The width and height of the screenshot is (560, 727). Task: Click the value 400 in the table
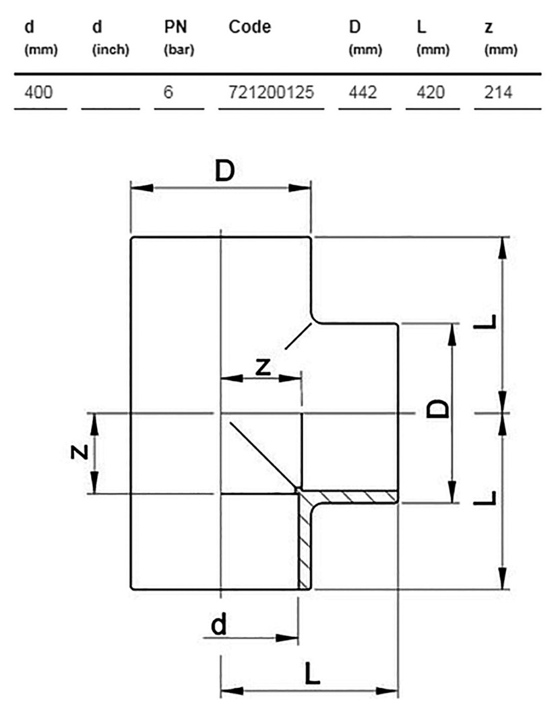point(38,92)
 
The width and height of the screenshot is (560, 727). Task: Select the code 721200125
point(267,92)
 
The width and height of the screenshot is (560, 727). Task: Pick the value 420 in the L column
point(431,92)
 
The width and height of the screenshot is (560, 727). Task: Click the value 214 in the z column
point(498,92)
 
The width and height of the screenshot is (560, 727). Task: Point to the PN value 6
point(168,92)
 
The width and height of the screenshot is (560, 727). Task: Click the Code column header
point(249,28)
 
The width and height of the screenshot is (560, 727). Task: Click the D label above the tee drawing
point(224,172)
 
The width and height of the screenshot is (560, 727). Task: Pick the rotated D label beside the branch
point(439,408)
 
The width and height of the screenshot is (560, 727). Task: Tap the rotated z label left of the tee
point(80,452)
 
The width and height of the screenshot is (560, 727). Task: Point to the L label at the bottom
point(311,673)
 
